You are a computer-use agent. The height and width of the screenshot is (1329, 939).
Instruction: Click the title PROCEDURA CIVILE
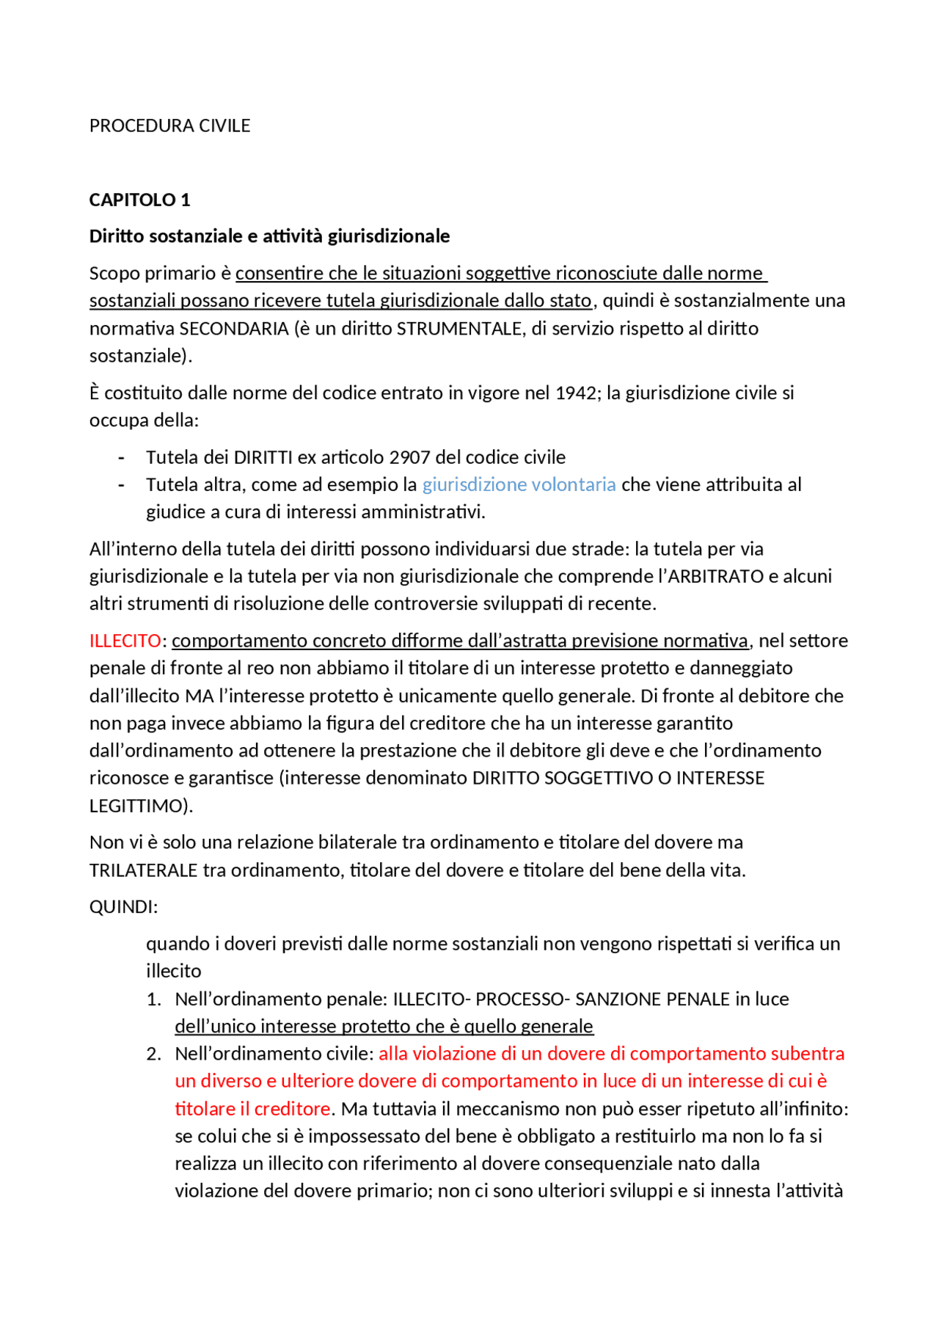[x=169, y=125]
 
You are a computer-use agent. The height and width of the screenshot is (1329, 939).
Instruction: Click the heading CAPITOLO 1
[x=139, y=200]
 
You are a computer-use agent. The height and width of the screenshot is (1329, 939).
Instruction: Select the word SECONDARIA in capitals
[x=234, y=329]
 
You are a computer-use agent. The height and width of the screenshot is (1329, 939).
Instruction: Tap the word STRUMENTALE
[x=461, y=329]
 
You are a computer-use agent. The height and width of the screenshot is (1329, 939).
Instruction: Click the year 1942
[x=576, y=393]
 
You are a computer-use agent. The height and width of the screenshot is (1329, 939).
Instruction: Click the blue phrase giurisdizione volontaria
[x=519, y=484]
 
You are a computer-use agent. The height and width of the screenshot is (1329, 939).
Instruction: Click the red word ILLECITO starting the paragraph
[x=125, y=641]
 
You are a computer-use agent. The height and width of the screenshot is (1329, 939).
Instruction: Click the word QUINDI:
[x=123, y=907]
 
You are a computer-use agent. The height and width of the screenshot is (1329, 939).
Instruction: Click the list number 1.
[x=153, y=999]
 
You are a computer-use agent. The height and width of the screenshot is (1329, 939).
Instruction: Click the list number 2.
[x=153, y=1054]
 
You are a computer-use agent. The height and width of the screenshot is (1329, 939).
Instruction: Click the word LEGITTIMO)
[x=141, y=806]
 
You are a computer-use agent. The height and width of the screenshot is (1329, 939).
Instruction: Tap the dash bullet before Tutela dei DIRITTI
[x=121, y=457]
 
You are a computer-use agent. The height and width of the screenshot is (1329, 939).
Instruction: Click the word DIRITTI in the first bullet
[x=263, y=457]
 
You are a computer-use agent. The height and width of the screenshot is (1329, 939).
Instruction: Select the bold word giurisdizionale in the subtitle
[x=388, y=236]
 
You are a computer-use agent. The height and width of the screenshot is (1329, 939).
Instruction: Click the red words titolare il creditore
[x=252, y=1109]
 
